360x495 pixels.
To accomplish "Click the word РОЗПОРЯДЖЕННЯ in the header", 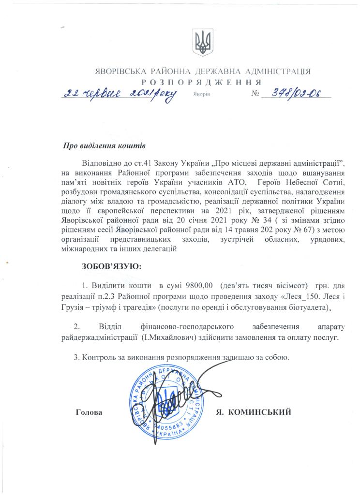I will (x=202, y=82).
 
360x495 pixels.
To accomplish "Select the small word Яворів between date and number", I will (x=200, y=95).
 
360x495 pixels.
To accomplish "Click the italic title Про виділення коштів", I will (x=104, y=146).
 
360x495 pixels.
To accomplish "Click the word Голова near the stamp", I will (x=89, y=412).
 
